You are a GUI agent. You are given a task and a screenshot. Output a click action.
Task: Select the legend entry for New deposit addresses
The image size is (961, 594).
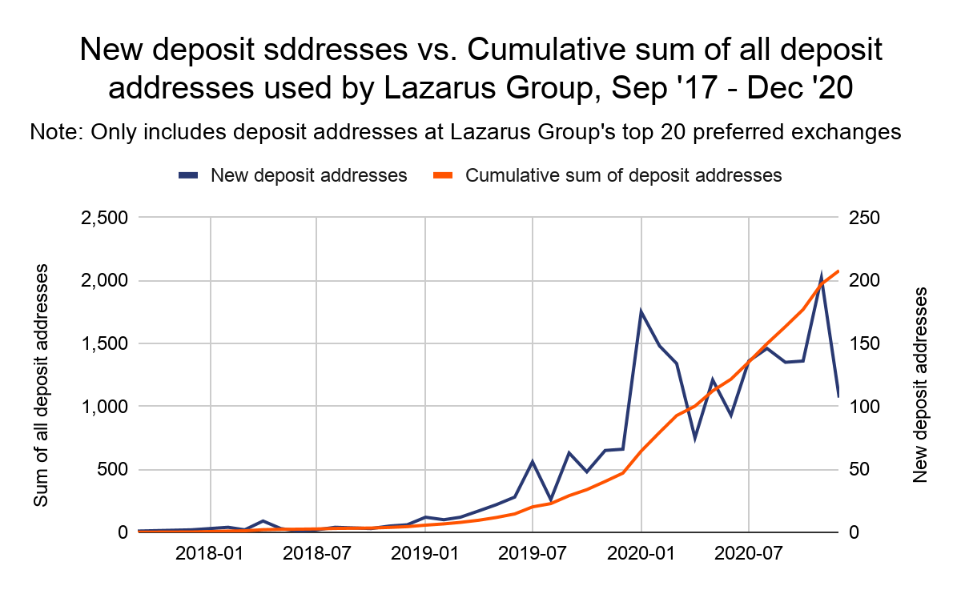309,175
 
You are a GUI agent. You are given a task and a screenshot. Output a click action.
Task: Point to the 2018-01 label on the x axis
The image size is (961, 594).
211,554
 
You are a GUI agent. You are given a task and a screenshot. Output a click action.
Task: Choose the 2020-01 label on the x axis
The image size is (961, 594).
641,554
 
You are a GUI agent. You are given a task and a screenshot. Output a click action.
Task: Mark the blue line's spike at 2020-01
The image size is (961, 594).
641,311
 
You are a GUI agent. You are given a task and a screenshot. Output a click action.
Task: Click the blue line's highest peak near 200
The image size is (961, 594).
821,276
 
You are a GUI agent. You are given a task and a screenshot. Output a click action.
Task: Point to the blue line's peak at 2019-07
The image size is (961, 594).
533,461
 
